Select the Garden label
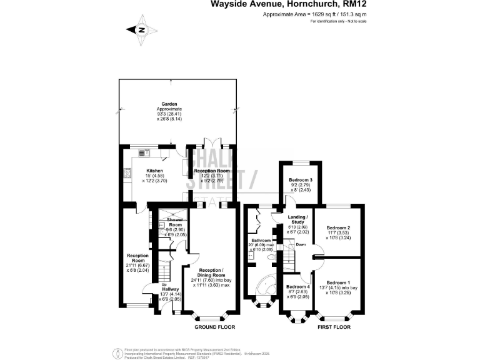tap(169, 104)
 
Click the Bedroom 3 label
tap(301, 180)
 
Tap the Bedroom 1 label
tap(338, 282)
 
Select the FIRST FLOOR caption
tap(334, 327)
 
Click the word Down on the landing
tap(301, 244)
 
